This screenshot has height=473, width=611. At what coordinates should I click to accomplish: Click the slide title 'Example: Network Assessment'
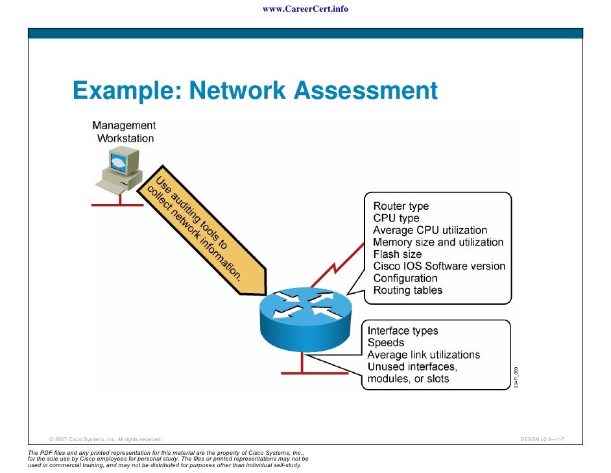[x=255, y=91]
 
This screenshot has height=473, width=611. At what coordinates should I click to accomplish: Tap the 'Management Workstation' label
[x=125, y=132]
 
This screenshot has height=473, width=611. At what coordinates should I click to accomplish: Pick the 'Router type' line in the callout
[x=401, y=207]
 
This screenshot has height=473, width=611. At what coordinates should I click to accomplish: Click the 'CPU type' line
[x=396, y=218]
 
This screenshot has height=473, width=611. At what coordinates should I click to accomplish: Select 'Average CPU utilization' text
[x=429, y=231]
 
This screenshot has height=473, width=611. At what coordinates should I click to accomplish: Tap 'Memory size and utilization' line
[x=438, y=242]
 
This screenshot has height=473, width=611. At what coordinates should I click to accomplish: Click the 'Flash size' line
[x=397, y=254]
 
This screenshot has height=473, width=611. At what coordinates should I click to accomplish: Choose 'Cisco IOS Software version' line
[x=438, y=266]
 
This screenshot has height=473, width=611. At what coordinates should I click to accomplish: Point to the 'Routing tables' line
[x=407, y=290]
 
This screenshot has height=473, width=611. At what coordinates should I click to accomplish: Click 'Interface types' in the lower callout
[x=403, y=331]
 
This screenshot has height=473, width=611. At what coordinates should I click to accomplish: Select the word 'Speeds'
[x=385, y=343]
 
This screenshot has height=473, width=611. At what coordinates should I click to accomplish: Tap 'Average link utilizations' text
[x=424, y=355]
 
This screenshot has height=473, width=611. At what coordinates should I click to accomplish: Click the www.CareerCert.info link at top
[x=305, y=9]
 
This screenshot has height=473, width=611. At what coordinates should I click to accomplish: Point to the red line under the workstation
[x=117, y=205]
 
